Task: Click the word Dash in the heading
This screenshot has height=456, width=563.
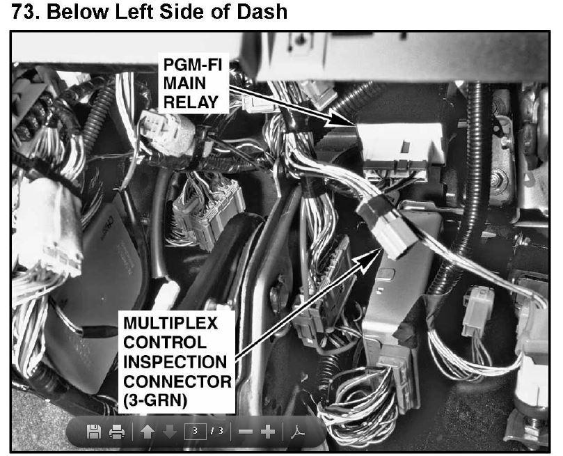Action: pos(262,12)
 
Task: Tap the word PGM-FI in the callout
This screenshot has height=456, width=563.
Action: pos(193,65)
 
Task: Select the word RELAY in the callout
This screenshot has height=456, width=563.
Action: pos(191,102)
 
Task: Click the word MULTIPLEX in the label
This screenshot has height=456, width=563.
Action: pos(171,323)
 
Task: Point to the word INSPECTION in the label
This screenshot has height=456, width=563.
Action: pos(175,362)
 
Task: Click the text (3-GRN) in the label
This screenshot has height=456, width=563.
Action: pos(155,401)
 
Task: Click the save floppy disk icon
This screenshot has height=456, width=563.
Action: pos(94,431)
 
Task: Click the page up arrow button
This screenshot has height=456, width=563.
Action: pos(148,432)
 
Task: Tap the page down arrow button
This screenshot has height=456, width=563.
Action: pos(170,432)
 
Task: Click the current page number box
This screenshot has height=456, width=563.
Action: pos(195,431)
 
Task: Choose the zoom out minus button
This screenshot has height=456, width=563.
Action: pos(246,432)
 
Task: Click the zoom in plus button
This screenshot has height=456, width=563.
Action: pos(268,432)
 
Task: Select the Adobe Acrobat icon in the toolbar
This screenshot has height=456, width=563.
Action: pos(298,432)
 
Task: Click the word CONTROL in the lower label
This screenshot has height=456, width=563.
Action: pos(165,343)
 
